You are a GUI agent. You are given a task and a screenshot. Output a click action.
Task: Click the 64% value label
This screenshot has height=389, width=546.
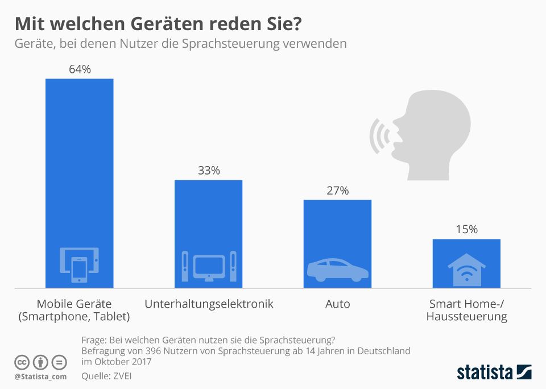click(80, 69)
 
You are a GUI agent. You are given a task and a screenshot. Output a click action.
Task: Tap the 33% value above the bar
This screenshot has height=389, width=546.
click(208, 171)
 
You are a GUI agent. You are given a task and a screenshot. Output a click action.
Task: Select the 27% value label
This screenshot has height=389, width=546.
click(337, 191)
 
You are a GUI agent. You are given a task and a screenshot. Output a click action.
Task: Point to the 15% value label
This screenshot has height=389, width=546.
click(466, 230)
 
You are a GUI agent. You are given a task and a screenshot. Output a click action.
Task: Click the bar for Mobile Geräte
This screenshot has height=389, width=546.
click(80, 171)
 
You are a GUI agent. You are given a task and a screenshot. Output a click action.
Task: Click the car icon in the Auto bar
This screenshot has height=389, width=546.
click(337, 270)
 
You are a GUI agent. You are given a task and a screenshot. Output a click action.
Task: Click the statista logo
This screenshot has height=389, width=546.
click(494, 373)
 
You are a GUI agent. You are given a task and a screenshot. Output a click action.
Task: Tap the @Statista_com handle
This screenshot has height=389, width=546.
click(40, 376)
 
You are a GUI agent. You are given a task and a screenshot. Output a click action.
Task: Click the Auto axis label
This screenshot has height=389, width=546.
click(337, 304)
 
